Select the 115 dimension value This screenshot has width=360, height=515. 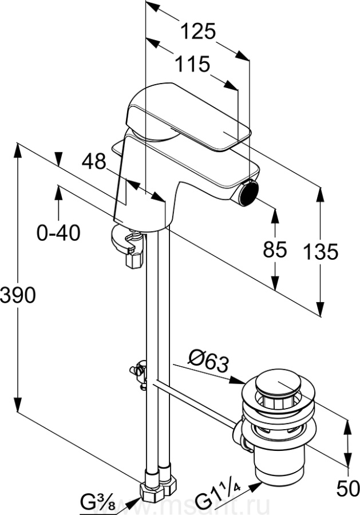coord(192,64)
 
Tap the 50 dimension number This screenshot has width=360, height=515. coord(347,489)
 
